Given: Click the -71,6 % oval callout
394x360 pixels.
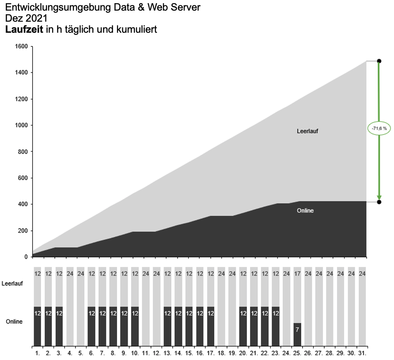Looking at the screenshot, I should (379, 128).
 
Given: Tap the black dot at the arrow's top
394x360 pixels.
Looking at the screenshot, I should (379, 61).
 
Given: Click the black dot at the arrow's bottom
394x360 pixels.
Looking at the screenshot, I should (379, 202).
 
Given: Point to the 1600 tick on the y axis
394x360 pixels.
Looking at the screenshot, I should (21, 46).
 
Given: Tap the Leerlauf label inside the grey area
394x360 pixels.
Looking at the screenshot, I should (307, 131).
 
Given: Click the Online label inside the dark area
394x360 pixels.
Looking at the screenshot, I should (305, 211).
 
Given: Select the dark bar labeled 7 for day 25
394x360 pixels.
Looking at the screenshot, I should (297, 334).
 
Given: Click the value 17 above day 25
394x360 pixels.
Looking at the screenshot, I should (297, 273).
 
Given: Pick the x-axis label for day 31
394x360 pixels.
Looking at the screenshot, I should (363, 353).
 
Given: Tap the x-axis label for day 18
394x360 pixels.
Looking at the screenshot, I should (222, 353).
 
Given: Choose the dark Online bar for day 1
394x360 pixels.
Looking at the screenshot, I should (37, 326).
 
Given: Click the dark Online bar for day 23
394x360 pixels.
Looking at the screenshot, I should (276, 326).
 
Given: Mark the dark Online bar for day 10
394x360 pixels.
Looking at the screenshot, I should (135, 326).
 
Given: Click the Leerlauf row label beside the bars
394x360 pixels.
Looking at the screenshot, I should (12, 283).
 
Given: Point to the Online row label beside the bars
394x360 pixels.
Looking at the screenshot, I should (14, 322).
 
